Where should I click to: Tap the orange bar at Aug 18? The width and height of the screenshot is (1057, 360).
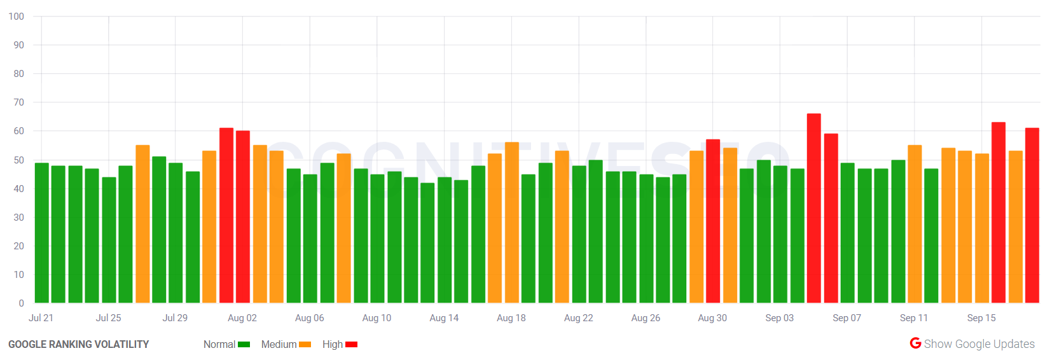(x=511, y=222)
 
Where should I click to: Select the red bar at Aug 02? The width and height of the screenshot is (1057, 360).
(x=243, y=216)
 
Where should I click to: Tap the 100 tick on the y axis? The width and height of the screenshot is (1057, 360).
(x=17, y=17)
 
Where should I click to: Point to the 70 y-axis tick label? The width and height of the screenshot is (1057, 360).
(x=18, y=102)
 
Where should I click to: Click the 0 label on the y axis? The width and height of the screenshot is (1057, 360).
(x=21, y=303)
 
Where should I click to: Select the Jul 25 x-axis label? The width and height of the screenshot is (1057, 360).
(x=108, y=318)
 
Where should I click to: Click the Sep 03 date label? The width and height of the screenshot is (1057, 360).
(x=779, y=318)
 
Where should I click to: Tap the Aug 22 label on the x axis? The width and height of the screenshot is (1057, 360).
(x=578, y=318)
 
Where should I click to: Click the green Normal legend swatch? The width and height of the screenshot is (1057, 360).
(x=244, y=345)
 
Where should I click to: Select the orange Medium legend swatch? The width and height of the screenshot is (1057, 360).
(x=305, y=345)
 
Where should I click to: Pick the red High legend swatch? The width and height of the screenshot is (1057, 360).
(x=351, y=345)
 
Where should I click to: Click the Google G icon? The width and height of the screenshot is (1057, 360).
(x=915, y=343)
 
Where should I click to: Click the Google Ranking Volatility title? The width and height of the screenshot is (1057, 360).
(x=78, y=345)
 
